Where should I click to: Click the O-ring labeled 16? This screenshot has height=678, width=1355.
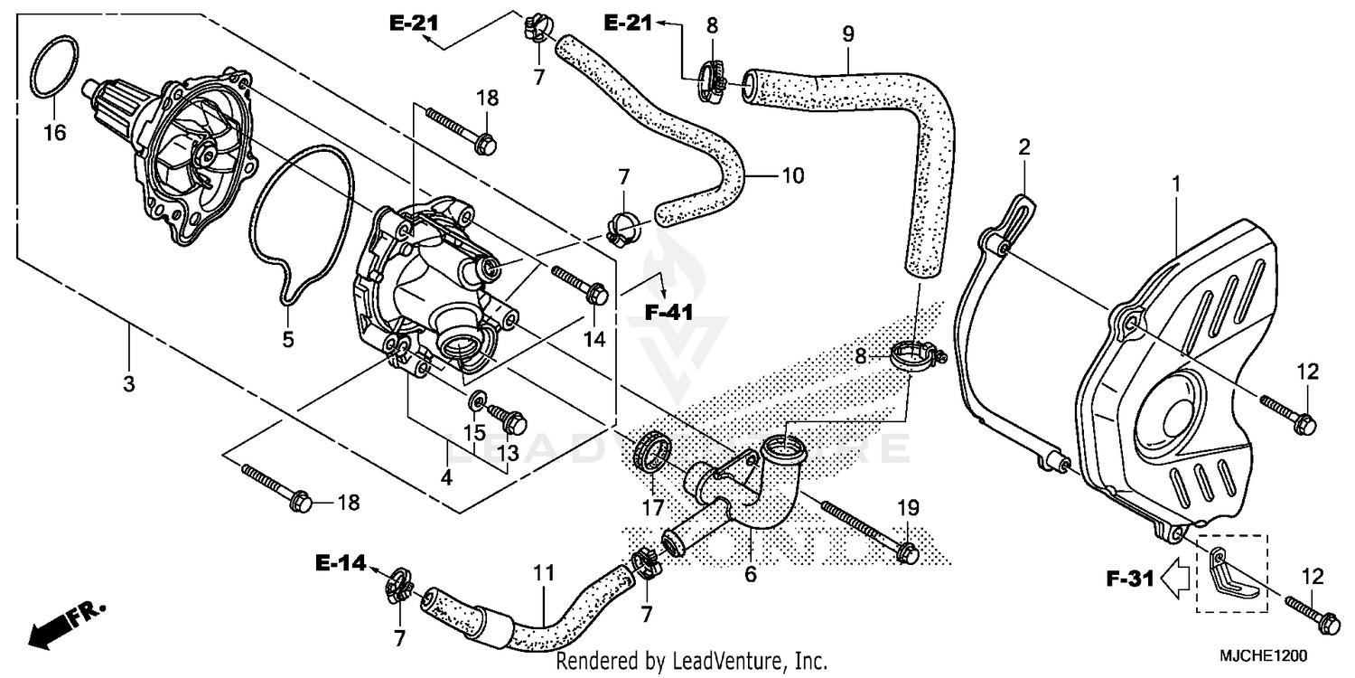pos(52,67)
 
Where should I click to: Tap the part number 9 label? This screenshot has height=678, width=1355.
pos(847,35)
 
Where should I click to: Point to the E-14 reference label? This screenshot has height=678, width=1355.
pos(341,564)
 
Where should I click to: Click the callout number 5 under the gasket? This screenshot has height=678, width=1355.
pos(287,341)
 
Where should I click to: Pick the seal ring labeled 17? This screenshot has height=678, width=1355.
pos(654,450)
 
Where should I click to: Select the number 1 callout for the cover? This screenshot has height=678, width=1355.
pos(1175,184)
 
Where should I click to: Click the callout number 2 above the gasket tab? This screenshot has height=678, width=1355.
pos(1024,146)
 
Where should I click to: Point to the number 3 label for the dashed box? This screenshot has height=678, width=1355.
pos(128,384)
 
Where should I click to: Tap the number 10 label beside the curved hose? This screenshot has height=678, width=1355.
pos(792,175)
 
